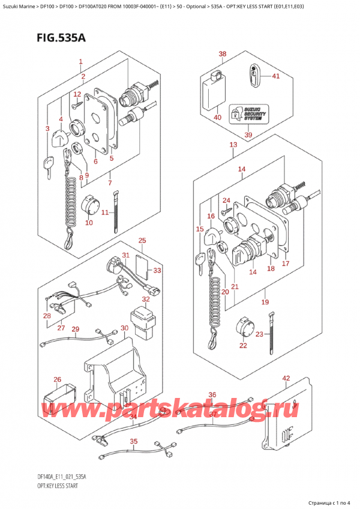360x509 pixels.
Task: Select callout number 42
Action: (286, 378)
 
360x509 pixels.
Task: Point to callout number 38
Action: (223, 54)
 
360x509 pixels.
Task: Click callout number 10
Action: (89, 223)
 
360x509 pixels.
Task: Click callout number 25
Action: (142, 241)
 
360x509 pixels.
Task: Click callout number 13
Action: (233, 145)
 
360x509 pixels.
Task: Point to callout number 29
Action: (76, 329)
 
